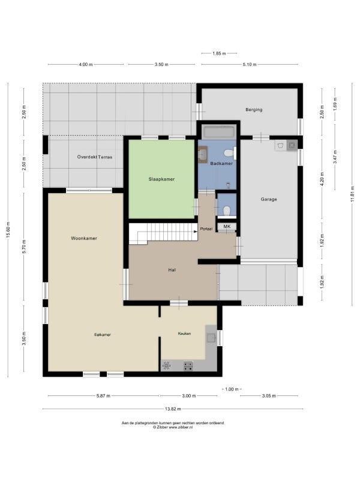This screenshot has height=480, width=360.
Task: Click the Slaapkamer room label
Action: tap(161, 179)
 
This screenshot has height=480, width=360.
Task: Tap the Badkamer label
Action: tap(221, 163)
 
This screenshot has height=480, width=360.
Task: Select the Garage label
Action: tap(269, 199)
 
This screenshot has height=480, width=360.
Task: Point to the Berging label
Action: tap(254, 110)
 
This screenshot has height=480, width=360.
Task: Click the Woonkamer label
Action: tap(84, 238)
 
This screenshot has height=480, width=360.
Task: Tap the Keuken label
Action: tap(184, 334)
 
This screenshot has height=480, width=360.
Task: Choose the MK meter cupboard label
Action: tap(227, 226)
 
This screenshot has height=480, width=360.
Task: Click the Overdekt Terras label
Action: tap(95, 157)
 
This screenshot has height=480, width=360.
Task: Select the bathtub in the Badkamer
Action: tap(219, 132)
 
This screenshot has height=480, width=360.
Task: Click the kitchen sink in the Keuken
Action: tap(211, 338)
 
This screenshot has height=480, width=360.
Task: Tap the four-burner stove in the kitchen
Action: tap(188, 366)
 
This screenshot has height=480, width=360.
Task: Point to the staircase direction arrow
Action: tap(195, 232)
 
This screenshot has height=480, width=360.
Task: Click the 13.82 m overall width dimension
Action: tap(173, 409)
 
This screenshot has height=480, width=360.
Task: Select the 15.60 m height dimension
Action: tap(8, 230)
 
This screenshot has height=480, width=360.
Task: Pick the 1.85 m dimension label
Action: tap(219, 53)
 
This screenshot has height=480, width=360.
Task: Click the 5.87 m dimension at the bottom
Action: tap(103, 396)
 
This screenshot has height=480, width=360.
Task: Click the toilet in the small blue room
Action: tap(227, 211)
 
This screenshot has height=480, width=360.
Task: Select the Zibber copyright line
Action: tap(173, 427)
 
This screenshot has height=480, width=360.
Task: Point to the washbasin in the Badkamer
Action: tap(203, 154)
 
